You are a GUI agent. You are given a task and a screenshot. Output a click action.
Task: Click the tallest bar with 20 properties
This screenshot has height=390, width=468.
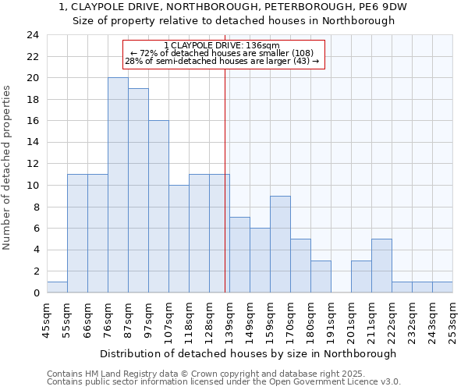tap(118, 185)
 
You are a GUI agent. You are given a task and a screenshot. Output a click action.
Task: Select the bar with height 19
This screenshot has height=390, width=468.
tap(138, 190)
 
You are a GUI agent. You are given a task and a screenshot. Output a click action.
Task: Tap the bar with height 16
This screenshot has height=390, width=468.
tap(158, 207)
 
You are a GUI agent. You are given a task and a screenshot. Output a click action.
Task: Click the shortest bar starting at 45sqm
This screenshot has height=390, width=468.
tap(57, 287)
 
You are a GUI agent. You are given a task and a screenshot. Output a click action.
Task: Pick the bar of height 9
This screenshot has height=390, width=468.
tap(280, 244)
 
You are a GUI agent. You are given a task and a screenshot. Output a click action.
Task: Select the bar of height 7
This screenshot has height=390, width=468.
tap(239, 255)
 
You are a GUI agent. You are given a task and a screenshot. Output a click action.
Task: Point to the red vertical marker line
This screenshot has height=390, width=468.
tap(225, 179)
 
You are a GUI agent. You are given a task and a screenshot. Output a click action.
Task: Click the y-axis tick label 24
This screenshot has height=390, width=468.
tap(32, 35)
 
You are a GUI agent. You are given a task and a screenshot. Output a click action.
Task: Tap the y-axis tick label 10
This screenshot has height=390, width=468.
tap(32, 186)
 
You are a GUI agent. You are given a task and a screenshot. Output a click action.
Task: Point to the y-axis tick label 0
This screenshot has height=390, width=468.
tap(35, 293)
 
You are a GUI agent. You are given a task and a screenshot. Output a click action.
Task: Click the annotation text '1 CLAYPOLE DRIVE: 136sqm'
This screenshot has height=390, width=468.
tap(222, 46)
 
